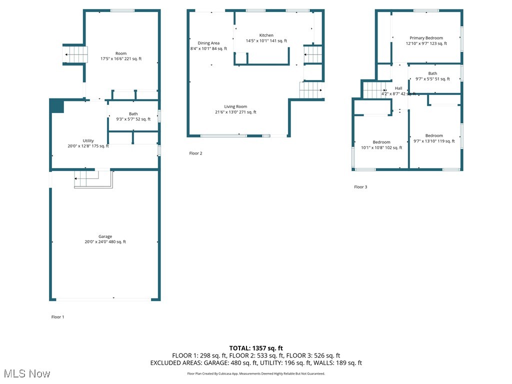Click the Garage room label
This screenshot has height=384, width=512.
[x=105, y=236]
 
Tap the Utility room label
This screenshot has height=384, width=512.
[x=88, y=140]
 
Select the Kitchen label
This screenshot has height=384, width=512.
[x=266, y=35]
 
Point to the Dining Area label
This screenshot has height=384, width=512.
[x=208, y=43]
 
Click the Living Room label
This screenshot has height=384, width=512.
[x=235, y=106]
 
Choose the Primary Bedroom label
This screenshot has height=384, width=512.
[x=426, y=38]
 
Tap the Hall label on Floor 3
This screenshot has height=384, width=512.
[x=398, y=88]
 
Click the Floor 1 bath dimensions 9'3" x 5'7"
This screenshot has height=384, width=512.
[x=133, y=119]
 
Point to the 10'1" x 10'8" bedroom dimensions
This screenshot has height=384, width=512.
[x=381, y=147]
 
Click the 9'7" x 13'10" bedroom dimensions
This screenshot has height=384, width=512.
[x=434, y=141]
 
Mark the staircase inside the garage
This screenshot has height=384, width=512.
[x=93, y=179]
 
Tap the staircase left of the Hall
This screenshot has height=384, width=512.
[x=372, y=90]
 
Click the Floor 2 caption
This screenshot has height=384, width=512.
[x=195, y=153]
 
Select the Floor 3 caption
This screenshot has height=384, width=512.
[x=360, y=187]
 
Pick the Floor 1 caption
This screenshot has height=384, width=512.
[x=57, y=317]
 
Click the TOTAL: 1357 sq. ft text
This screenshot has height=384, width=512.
[x=256, y=348]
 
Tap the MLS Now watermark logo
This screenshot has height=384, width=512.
[x=26, y=373]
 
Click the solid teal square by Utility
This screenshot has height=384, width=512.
[x=57, y=105]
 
